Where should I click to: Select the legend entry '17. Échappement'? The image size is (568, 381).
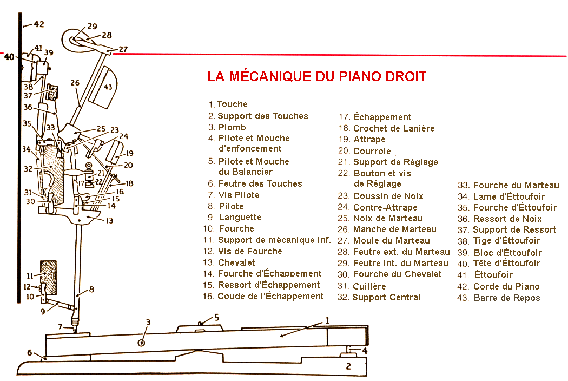click(x=374, y=117)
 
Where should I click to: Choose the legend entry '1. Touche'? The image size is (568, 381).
click(x=228, y=104)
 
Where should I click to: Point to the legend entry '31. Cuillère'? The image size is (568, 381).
click(x=361, y=286)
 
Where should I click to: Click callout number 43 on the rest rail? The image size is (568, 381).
click(x=108, y=87)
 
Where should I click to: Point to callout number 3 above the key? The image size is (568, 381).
click(x=148, y=323)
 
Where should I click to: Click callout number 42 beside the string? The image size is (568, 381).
click(x=38, y=24)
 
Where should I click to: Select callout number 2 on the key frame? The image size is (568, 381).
click(x=348, y=366)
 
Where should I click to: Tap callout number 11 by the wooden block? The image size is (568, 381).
click(x=30, y=275)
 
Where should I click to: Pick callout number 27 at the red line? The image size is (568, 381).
click(x=123, y=49)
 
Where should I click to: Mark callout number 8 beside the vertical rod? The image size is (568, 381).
click(x=91, y=288)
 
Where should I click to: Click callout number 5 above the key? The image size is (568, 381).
click(x=216, y=318)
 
